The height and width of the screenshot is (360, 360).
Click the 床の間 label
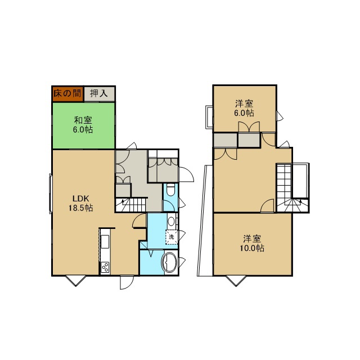coord(67,93)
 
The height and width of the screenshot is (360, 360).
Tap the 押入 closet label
coord(99,93)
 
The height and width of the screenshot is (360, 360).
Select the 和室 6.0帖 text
coord(83,125)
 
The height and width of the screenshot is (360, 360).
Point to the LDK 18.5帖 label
coord(81,203)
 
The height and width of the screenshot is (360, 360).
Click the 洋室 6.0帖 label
coord(244,109)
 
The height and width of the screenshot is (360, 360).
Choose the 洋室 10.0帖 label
coord(252,244)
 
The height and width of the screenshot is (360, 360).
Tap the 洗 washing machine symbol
coord(172,237)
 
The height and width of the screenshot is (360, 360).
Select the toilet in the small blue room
coord(170,190)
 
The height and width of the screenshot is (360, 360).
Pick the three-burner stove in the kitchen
coord(105,267)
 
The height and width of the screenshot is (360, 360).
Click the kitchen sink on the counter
coord(105,241)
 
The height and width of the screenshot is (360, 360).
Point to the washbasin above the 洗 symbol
coord(171,221)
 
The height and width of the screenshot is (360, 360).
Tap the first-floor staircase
coord(131,205)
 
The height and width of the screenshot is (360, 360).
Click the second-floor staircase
coord(292,188)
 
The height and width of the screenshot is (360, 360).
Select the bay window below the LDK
coord(76,281)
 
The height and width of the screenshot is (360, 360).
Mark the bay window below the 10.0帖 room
coord(236,281)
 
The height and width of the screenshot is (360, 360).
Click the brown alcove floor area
coord(67,94)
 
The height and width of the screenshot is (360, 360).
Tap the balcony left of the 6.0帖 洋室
coord(209,116)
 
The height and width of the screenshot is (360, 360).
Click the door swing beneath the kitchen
coord(127,282)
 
